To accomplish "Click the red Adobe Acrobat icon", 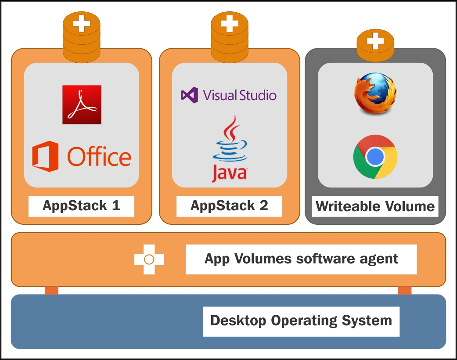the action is [x=82, y=104].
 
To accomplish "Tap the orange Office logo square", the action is [x=45, y=157].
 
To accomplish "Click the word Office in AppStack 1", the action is [x=99, y=157].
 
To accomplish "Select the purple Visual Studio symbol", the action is [x=190, y=95].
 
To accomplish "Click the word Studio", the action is [x=258, y=95].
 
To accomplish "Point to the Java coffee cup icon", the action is [x=230, y=139].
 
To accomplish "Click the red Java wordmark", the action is [x=230, y=173].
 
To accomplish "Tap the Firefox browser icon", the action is [x=375, y=93].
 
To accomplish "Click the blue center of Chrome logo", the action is [x=375, y=157].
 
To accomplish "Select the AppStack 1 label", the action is [x=81, y=206].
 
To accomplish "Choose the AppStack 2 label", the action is [x=229, y=206].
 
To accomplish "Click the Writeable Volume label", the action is [x=375, y=206].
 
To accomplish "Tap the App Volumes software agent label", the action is [x=301, y=259].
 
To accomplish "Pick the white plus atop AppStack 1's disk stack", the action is [x=82, y=23].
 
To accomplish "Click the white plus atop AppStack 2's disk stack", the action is [x=230, y=23].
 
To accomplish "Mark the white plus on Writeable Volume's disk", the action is [x=375, y=41].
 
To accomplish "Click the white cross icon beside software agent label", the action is [x=149, y=259].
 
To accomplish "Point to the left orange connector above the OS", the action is [x=52, y=291].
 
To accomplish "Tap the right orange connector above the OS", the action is [x=405, y=291].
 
